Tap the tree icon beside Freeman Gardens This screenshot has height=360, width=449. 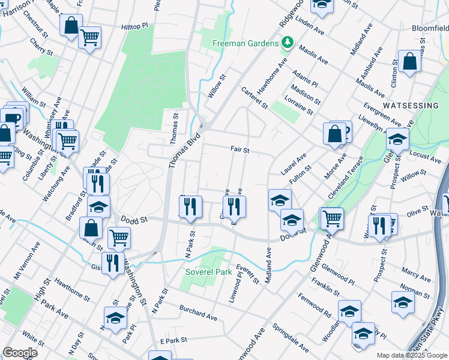tap(288, 43)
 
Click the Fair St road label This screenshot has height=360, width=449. tap(240, 149)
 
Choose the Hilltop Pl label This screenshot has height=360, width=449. tap(134, 27)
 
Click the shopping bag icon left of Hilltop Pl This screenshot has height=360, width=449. tap(71, 25)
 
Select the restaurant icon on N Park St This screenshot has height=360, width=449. tap(190, 206)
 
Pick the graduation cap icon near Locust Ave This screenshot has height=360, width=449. tap(397, 140)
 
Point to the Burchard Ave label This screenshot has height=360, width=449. tap(198, 311)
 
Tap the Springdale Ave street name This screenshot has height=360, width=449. tap(291, 338)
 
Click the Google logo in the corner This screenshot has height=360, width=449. tap(20, 352)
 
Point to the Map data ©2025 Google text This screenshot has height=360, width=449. tap(412, 355)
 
